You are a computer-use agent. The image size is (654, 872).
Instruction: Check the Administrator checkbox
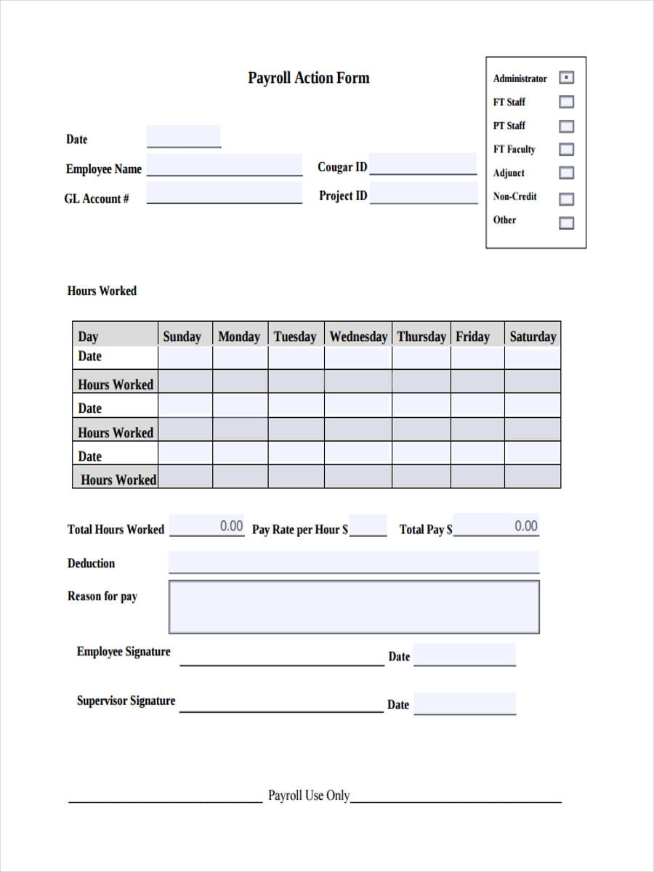click(566, 78)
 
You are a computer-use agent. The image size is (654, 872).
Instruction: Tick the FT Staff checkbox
click(566, 102)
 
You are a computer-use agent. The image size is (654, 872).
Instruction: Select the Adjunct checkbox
click(566, 173)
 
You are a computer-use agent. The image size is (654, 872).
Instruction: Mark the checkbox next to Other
click(566, 223)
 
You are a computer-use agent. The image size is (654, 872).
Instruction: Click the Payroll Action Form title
click(308, 78)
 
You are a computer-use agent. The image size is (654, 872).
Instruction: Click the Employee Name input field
click(224, 165)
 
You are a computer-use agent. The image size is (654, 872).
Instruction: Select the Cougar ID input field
click(423, 164)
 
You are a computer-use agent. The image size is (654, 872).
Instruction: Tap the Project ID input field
click(423, 193)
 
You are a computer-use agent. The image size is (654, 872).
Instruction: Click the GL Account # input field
click(224, 193)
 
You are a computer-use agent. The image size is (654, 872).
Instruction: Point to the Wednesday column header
click(358, 336)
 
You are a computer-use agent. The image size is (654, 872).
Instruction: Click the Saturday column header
click(533, 336)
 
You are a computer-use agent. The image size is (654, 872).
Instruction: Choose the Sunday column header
click(182, 336)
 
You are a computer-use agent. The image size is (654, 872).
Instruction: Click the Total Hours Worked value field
click(207, 525)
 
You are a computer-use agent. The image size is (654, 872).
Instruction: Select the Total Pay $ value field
click(496, 525)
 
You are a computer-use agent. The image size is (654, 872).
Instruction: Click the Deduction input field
click(354, 562)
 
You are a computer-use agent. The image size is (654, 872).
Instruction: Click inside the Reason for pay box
click(354, 606)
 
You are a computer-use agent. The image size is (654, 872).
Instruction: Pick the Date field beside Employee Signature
click(464, 654)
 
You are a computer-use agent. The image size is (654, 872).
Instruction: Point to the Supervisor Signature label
click(126, 701)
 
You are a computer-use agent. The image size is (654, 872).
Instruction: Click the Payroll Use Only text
click(309, 796)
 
